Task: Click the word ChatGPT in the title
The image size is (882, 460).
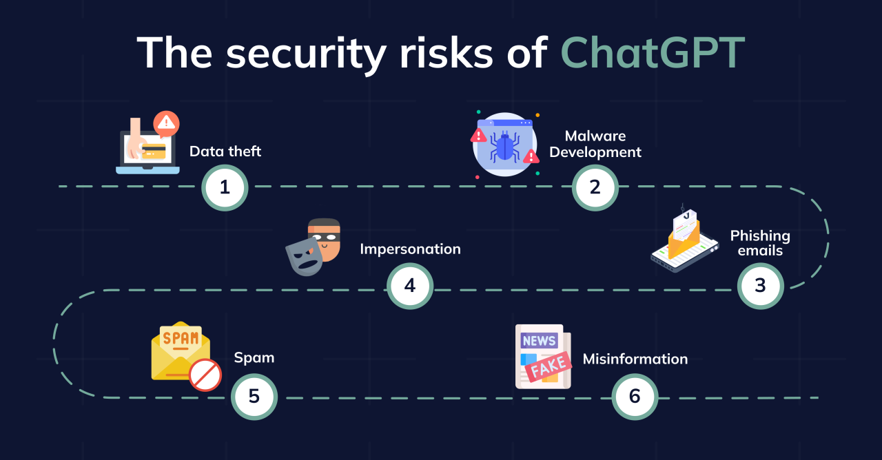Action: (652, 52)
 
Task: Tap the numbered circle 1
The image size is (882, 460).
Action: (225, 187)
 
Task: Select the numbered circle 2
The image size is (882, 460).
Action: (595, 187)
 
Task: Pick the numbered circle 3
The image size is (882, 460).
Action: (760, 286)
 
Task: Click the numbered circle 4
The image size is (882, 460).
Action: (409, 286)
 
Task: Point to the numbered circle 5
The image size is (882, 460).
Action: (254, 397)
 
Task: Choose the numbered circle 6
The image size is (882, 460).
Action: (635, 397)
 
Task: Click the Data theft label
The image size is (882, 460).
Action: (225, 151)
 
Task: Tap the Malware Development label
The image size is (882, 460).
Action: (595, 144)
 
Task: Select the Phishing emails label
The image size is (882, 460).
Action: (760, 243)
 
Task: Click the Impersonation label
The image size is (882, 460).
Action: (410, 249)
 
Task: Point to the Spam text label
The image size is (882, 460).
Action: (254, 357)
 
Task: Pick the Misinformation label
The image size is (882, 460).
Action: (635, 359)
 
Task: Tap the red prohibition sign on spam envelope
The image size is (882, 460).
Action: (205, 375)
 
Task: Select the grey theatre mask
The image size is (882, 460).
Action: (303, 257)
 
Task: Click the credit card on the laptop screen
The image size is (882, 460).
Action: (154, 151)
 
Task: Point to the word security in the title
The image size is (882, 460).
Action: (304, 52)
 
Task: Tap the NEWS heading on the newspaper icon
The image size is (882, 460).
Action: (539, 340)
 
